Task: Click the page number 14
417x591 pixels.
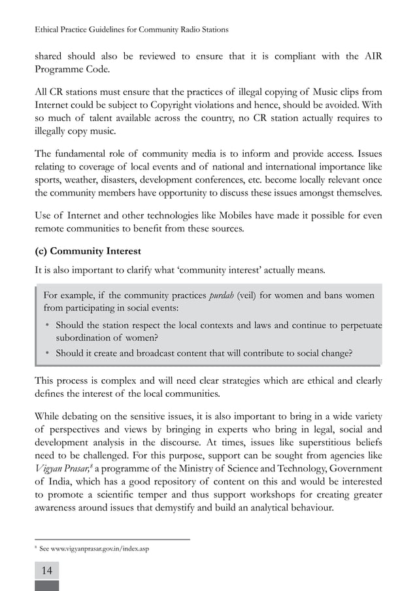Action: (46, 571)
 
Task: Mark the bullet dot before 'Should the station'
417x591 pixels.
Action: (48, 326)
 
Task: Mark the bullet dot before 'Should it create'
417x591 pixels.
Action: (48, 354)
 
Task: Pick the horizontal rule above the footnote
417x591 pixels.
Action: (112, 539)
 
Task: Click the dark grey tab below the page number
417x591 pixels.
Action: (46, 585)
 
